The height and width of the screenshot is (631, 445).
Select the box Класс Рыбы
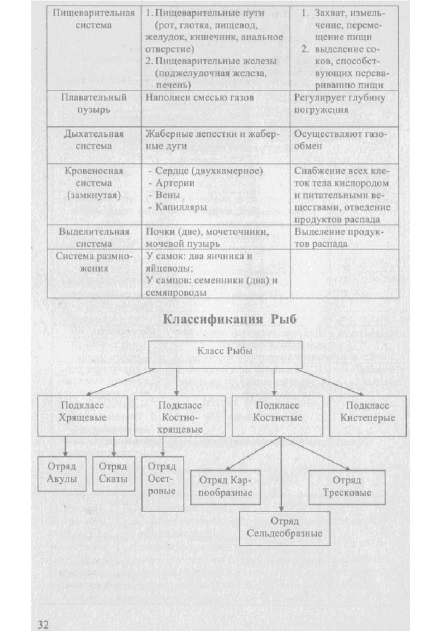(224, 354)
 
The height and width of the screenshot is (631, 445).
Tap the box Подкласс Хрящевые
(83, 414)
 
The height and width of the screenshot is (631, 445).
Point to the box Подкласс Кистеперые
(367, 414)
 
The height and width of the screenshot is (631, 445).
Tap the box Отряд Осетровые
(162, 483)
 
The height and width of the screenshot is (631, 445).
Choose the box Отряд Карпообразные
(225, 487)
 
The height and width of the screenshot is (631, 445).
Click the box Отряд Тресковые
(347, 487)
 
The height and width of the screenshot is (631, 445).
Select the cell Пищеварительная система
(94, 20)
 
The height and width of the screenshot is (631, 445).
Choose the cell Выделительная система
(94, 237)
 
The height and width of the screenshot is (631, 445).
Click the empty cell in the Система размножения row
(344, 272)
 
